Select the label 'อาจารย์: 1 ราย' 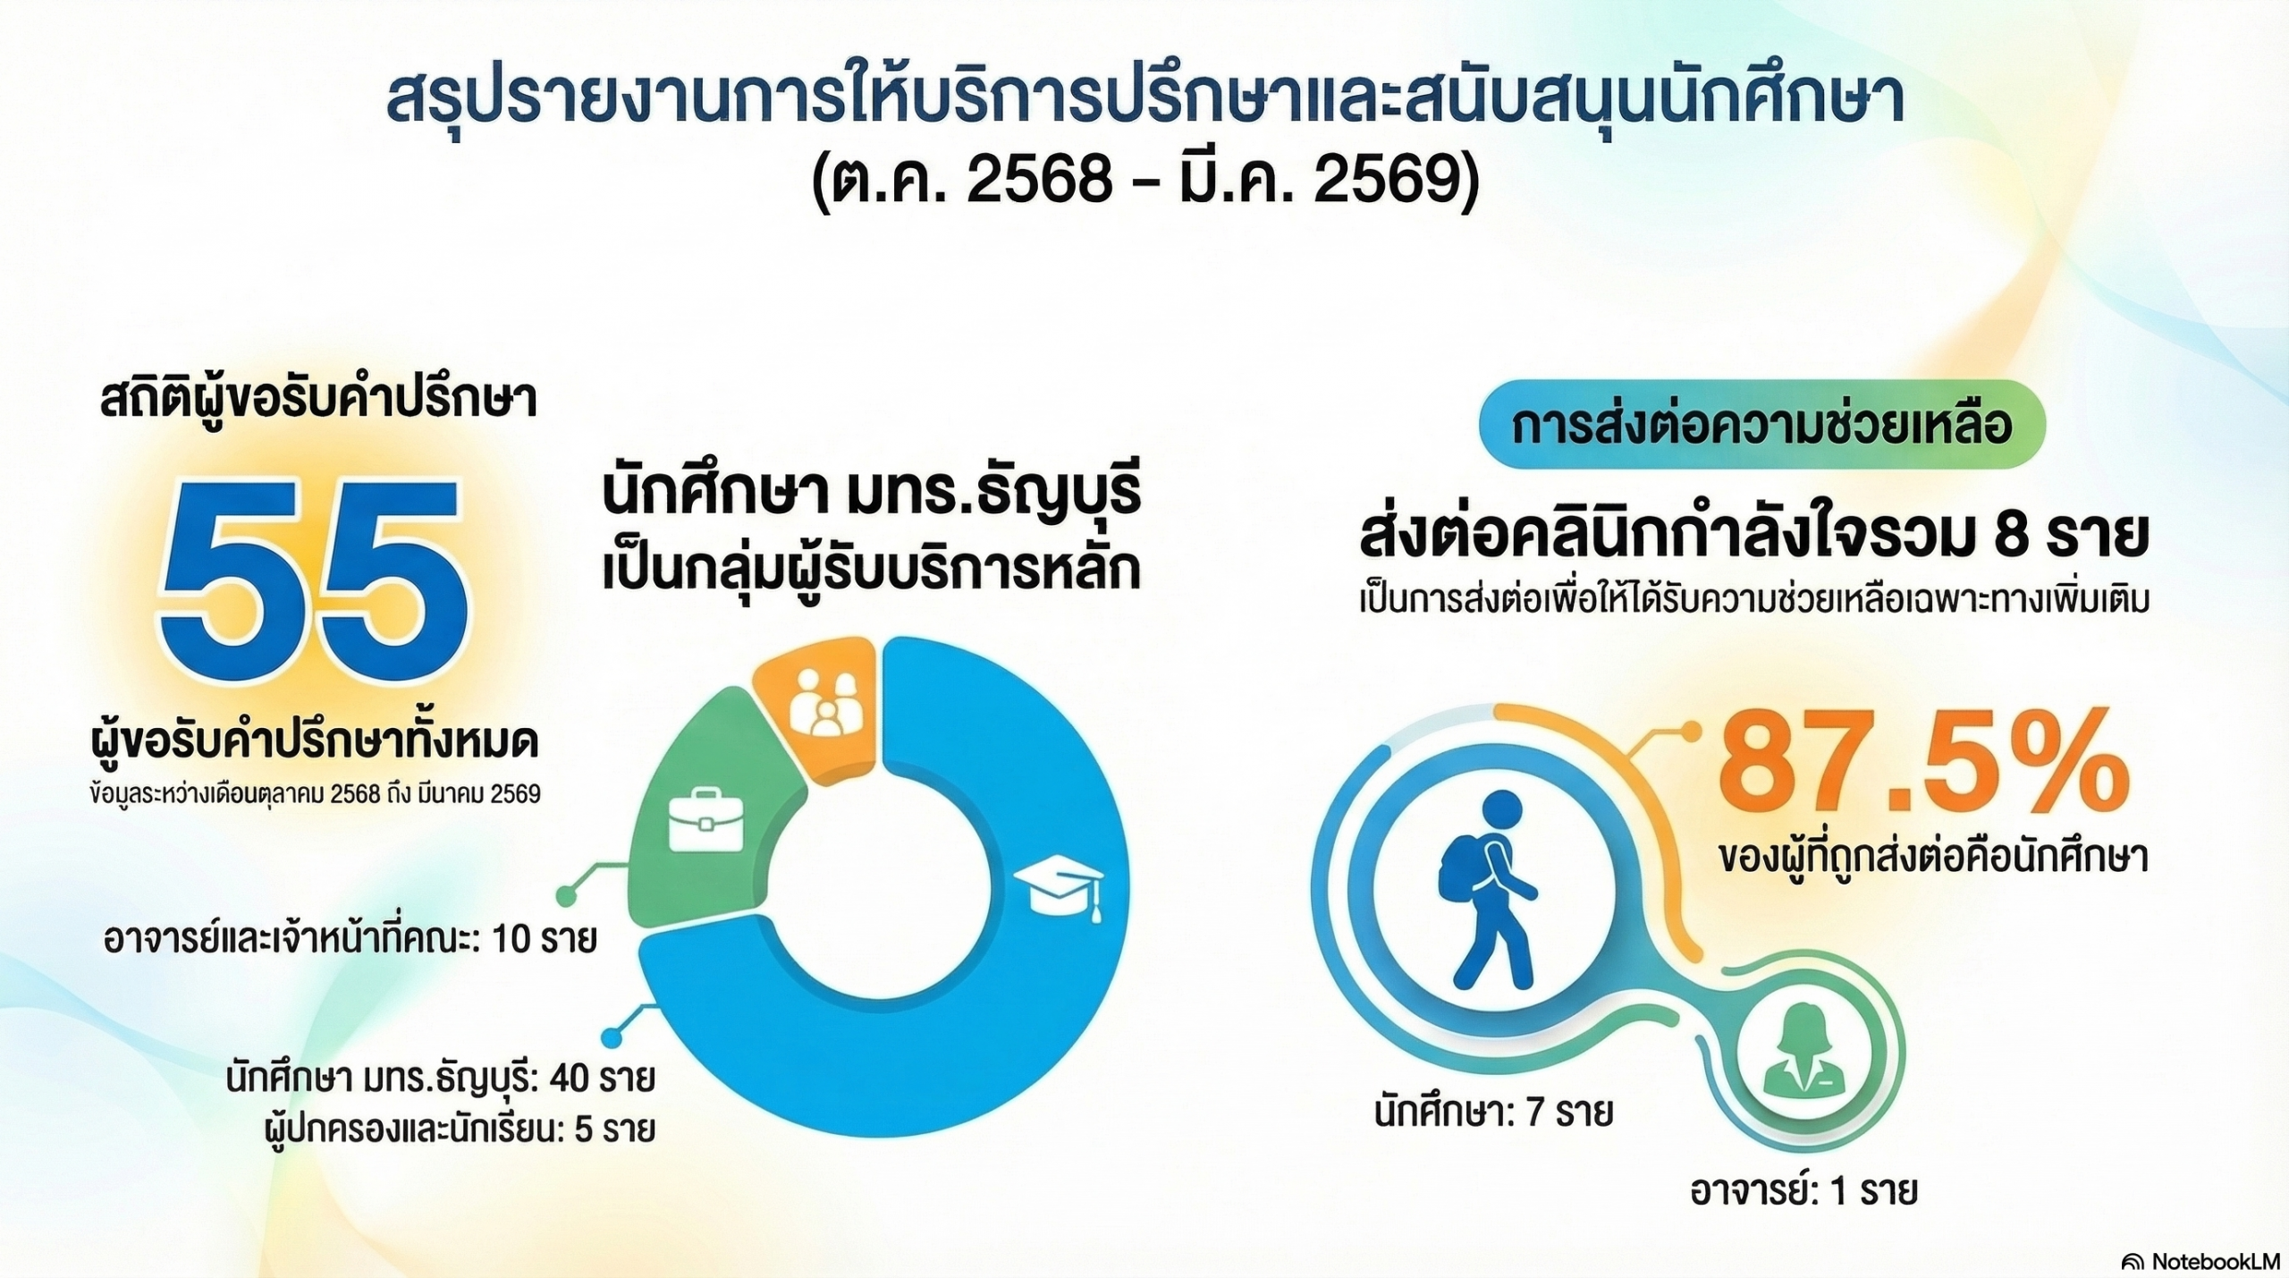pos(1803,1191)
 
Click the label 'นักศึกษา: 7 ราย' pos(1493,1113)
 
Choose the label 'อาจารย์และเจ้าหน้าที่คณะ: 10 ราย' pos(351,941)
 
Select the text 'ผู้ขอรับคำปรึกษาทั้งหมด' pos(316,744)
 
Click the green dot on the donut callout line pos(565,895)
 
